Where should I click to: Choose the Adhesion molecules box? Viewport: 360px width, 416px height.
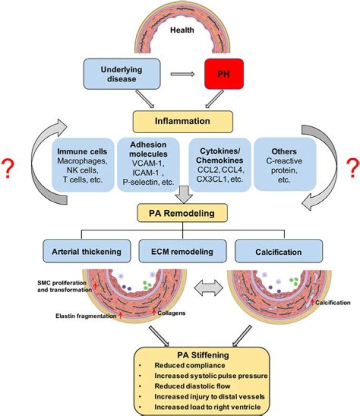click(148, 162)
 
